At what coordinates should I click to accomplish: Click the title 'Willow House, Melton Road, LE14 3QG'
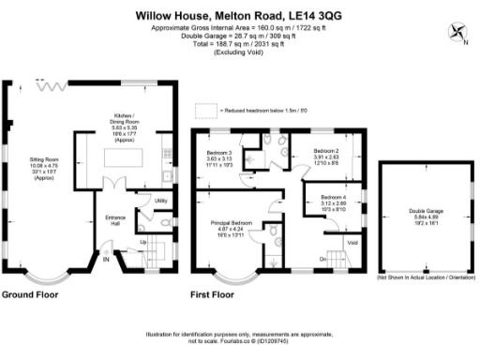(239, 15)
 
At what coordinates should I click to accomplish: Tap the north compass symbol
(460, 32)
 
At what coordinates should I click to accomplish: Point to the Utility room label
(148, 201)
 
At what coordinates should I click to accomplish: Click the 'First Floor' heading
(213, 294)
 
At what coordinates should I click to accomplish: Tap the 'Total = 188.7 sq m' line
(239, 43)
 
